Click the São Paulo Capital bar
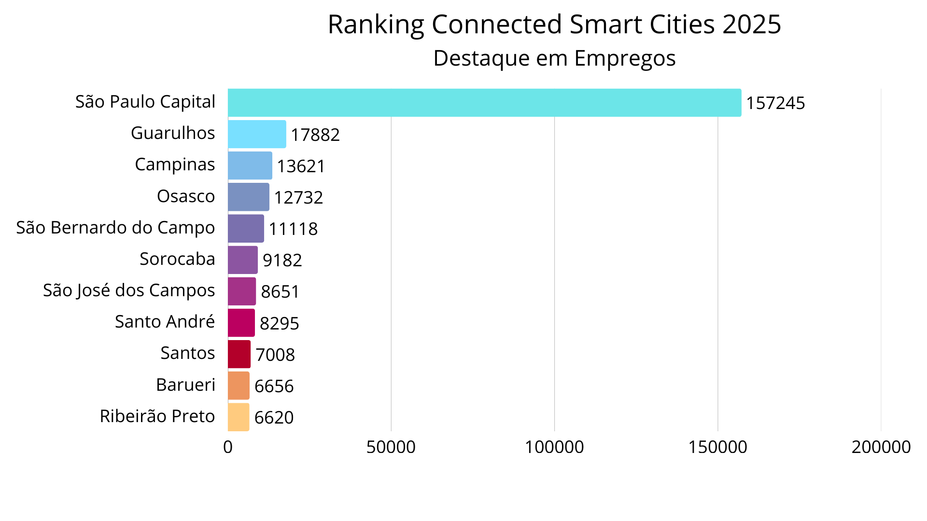point(484,103)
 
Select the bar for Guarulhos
point(257,134)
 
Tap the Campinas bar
point(250,165)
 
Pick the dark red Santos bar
point(239,354)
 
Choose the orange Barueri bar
point(239,385)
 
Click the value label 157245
point(775,103)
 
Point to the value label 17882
point(315,135)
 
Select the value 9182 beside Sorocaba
point(282,260)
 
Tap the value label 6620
point(274,417)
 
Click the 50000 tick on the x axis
point(391,447)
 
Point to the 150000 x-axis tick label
point(717,447)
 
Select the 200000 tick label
point(881,447)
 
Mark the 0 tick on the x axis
point(228,447)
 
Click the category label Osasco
point(186,196)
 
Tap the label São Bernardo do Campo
point(115,228)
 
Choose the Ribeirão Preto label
point(157,416)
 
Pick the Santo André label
point(165,322)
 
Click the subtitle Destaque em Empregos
point(554,58)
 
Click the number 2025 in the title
point(751,24)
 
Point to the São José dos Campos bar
point(242,291)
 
